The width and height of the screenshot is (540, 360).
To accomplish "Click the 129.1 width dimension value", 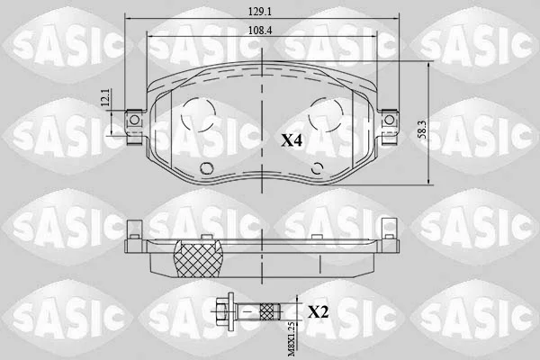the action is point(260,12).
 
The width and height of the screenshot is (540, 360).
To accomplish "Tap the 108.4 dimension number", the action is point(260,31).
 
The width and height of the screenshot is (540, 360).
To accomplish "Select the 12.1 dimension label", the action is point(106,97).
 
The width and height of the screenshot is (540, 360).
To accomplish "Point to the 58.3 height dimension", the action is point(422,130).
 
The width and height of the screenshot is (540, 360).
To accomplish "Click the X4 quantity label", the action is point(292,140).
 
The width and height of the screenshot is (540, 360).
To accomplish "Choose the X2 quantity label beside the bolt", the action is point(318,312).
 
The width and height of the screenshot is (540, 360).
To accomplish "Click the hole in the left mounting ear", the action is point(134,120).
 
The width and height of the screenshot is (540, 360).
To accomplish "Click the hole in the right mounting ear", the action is point(389,120).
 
